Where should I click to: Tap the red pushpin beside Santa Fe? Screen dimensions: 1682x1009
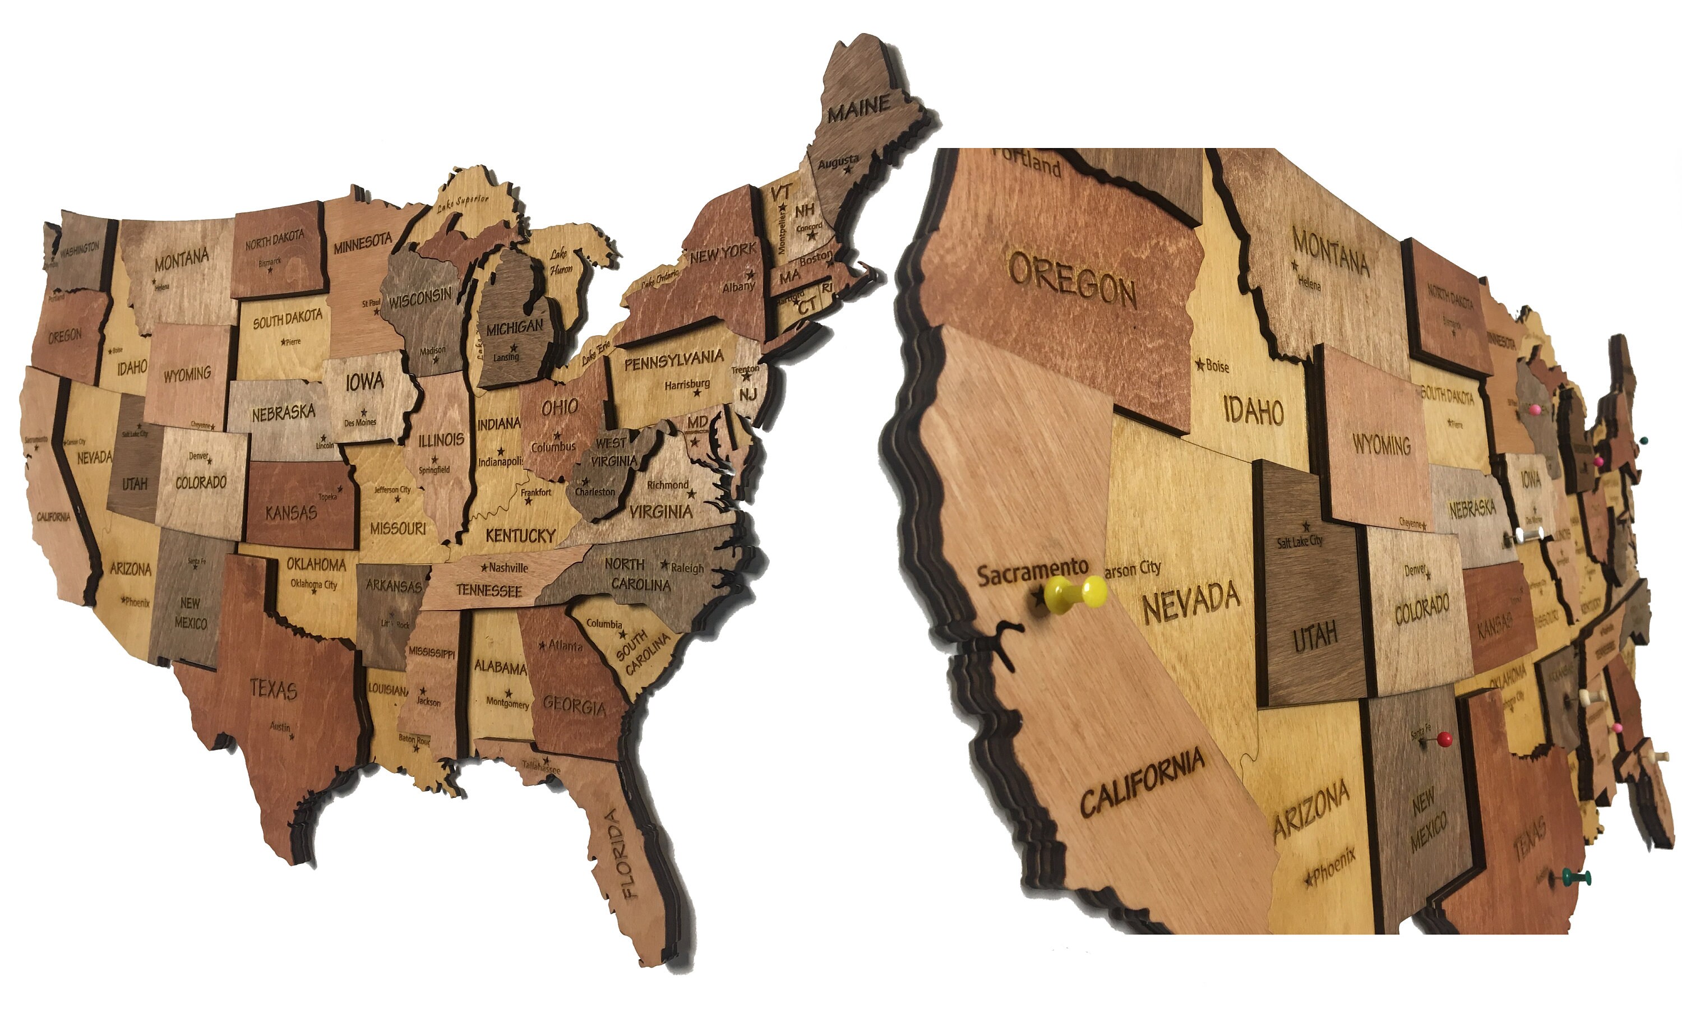tap(1445, 738)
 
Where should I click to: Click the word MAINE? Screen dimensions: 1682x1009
tap(859, 108)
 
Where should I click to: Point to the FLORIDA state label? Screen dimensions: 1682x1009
tap(621, 853)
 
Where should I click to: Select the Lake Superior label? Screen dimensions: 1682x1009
tap(463, 202)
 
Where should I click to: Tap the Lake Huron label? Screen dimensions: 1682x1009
tap(560, 262)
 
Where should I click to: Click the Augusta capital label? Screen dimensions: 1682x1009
tap(837, 163)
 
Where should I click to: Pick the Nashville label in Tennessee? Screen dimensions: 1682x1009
tap(508, 567)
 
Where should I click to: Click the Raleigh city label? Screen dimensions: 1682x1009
tap(687, 567)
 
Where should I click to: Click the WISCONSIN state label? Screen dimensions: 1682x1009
tap(420, 298)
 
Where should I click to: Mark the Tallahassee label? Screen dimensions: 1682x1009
tap(541, 767)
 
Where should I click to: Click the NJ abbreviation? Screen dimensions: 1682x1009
tap(748, 395)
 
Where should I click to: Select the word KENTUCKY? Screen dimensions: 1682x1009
tap(521, 536)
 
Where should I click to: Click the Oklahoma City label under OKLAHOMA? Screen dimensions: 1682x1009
tap(314, 584)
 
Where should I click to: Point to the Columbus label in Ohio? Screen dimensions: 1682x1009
tap(553, 447)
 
